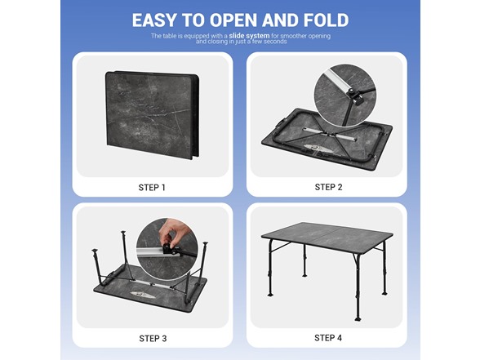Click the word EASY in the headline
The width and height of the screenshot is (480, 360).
coord(155,20)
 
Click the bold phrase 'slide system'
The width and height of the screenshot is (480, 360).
coord(249,36)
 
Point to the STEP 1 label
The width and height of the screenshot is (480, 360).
coord(152,188)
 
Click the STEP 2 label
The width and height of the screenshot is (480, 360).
coord(328,187)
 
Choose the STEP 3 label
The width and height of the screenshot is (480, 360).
coord(153,338)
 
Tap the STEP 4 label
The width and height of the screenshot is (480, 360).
coord(328,338)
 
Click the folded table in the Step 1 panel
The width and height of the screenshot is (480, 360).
coord(152,115)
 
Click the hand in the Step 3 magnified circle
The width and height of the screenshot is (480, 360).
coord(174,232)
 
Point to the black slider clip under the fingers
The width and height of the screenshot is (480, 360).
coord(169,248)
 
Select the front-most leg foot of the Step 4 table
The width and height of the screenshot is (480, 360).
coord(358,319)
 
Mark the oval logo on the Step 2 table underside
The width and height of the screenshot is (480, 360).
coord(317,149)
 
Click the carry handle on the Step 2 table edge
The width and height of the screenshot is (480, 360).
coord(282,120)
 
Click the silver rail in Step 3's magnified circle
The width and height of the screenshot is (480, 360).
coord(150,252)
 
